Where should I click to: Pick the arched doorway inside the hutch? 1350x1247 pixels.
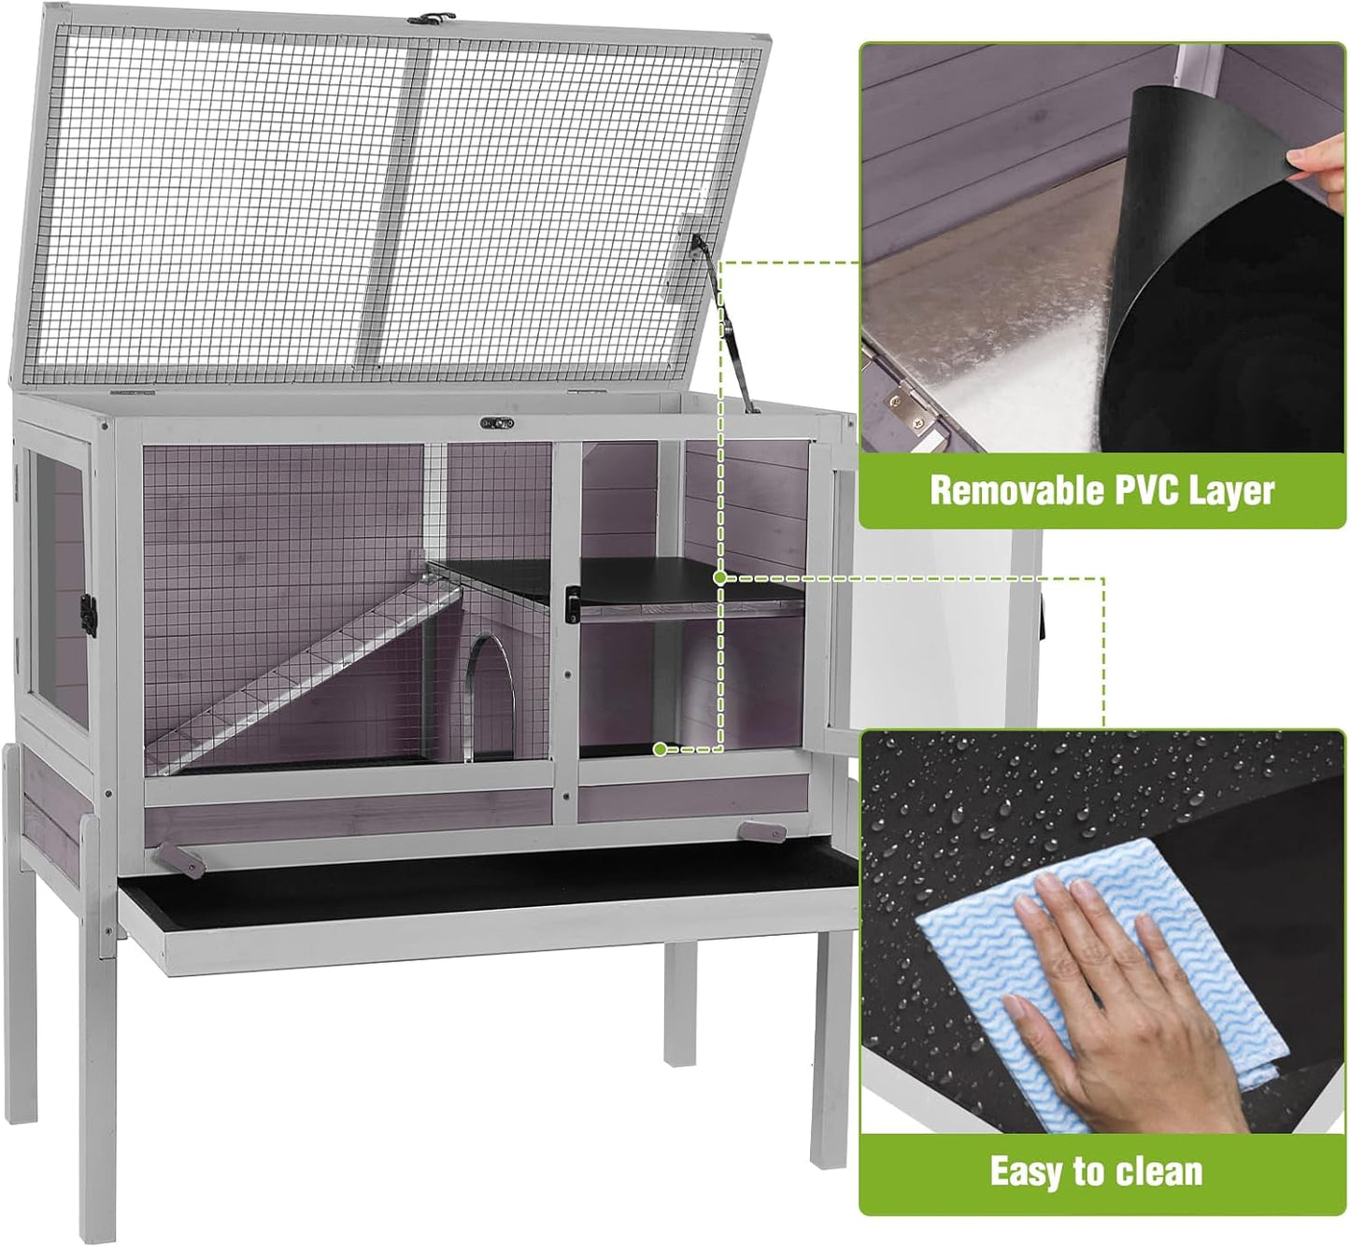click(x=490, y=691)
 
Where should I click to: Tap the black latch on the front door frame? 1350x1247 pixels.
click(x=570, y=603)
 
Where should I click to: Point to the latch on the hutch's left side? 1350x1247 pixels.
click(x=90, y=613)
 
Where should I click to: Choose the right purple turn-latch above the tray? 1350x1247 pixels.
click(x=760, y=831)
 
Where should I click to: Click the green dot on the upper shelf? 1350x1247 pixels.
click(x=719, y=577)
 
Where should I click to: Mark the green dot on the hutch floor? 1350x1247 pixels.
click(x=661, y=748)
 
